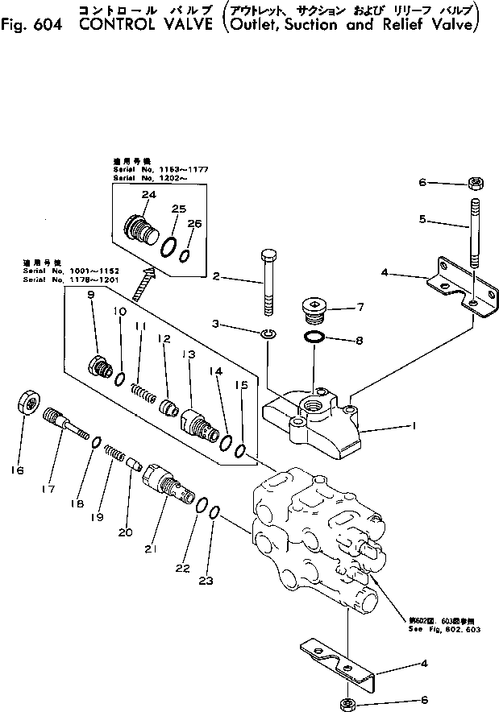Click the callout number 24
point(148,195)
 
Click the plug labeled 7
point(313,308)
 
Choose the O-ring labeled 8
point(318,339)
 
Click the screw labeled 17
point(64,420)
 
